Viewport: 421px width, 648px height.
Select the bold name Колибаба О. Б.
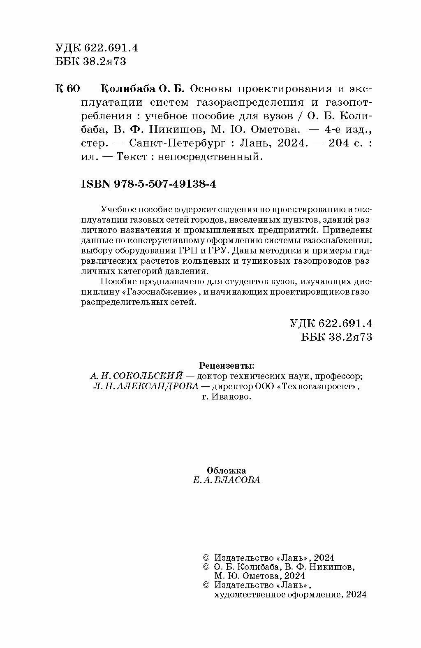(143, 89)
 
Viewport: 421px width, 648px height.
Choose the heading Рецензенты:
(227, 365)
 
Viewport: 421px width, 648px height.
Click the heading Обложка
(227, 471)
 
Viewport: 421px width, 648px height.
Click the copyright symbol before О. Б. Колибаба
(206, 567)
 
